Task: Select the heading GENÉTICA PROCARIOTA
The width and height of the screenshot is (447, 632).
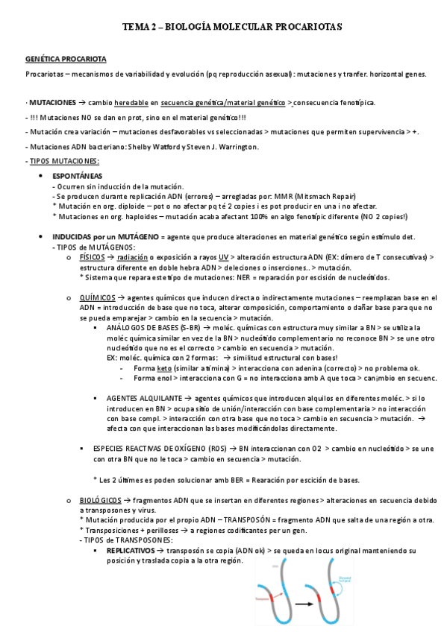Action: [x=66, y=58]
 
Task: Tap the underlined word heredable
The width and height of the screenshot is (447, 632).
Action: [x=130, y=102]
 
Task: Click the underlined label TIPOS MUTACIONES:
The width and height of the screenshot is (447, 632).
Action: [x=64, y=161]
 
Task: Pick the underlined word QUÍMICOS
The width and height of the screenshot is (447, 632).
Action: [x=96, y=297]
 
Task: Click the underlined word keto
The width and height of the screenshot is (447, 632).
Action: [x=164, y=367]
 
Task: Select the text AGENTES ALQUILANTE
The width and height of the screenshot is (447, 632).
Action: [x=141, y=398]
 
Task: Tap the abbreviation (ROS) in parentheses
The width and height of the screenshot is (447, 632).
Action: [x=201, y=448]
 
